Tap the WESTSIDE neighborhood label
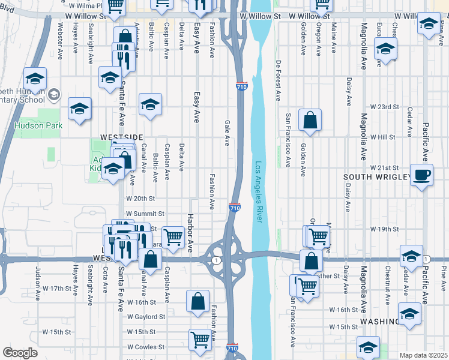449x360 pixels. [122, 137]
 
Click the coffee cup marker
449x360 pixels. [421, 175]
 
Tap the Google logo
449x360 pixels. [20, 353]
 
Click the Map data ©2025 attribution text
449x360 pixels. [424, 355]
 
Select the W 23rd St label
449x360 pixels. [385, 107]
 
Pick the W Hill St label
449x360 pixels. [385, 137]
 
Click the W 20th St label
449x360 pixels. [140, 198]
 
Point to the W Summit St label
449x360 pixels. [145, 214]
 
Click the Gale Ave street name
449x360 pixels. [227, 133]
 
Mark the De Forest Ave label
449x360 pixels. [279, 80]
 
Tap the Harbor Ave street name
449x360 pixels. [190, 233]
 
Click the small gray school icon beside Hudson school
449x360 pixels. [54, 94]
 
